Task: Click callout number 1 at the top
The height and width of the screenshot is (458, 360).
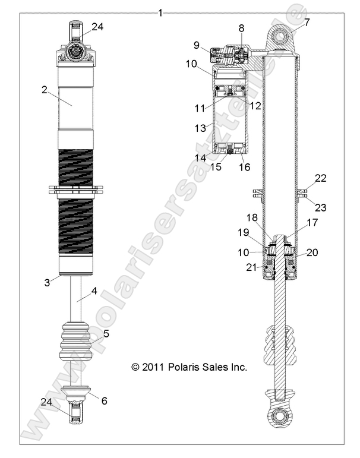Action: coord(161,12)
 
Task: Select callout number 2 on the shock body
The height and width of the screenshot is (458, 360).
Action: coord(44,90)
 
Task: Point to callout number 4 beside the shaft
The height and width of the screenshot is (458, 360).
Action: coord(93,291)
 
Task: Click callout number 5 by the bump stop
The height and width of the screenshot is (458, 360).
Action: coord(106,334)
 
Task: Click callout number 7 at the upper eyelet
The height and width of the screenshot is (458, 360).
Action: coord(307,23)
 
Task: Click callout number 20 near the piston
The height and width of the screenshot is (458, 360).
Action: coord(312,252)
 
